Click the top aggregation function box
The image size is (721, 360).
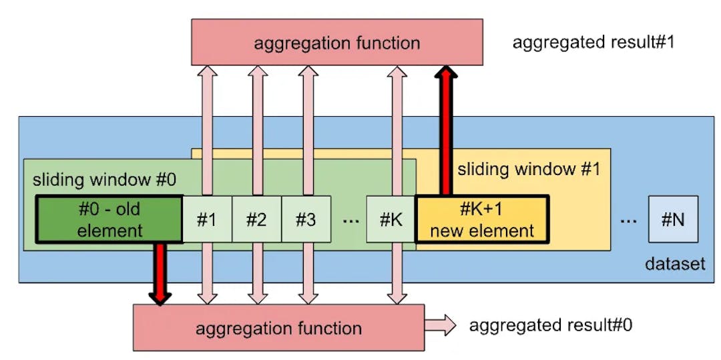(x=337, y=42)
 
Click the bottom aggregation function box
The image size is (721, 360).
(x=278, y=327)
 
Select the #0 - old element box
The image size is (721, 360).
(x=109, y=219)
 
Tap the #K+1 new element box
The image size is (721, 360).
(x=482, y=219)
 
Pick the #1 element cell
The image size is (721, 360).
(x=207, y=219)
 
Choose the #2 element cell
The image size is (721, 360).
(x=256, y=219)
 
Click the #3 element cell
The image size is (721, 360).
(x=306, y=219)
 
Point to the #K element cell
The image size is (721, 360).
(x=391, y=219)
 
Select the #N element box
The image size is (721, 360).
(x=673, y=219)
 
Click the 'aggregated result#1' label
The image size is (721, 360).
(x=593, y=43)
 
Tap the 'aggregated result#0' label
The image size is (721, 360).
(x=551, y=325)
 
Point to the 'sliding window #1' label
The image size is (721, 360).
(x=529, y=169)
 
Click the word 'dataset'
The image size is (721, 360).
(x=675, y=264)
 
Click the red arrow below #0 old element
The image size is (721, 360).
(x=160, y=274)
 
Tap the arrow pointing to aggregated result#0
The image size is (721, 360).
(x=441, y=326)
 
